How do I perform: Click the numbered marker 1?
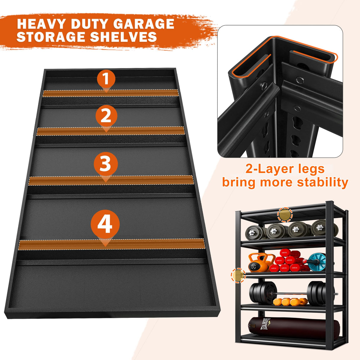point(106,79)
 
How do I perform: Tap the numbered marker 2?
point(106,116)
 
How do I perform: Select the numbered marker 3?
point(106,164)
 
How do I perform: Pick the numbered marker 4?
point(105,224)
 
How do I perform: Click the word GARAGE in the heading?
point(144,24)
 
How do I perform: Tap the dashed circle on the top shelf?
point(285,215)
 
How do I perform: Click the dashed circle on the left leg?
point(238,275)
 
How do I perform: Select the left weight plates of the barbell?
point(262,294)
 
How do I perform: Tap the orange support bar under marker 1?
point(110,93)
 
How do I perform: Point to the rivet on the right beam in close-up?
point(300,80)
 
